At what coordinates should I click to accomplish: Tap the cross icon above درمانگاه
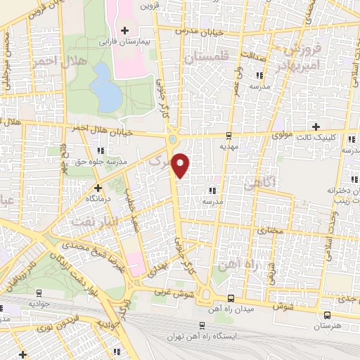pyautogui.click(x=98, y=188)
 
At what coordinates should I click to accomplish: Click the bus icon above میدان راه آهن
pyautogui.click(x=231, y=298)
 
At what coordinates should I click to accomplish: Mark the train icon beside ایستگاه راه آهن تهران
pyautogui.click(x=202, y=325)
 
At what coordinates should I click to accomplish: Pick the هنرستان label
pyautogui.click(x=325, y=327)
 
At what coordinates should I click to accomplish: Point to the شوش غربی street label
pyautogui.click(x=173, y=290)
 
